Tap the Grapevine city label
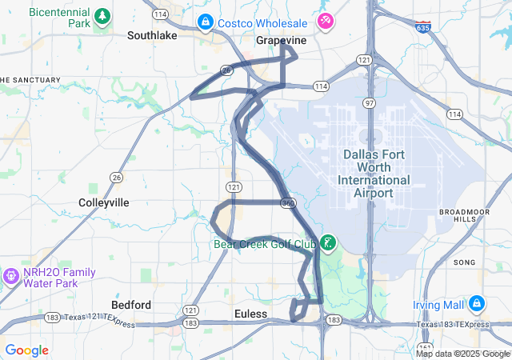coord(282,39)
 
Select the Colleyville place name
coord(104,202)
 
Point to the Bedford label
coord(131,305)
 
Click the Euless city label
coord(251,314)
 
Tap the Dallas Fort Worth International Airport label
coord(374,174)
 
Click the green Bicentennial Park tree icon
coord(102,15)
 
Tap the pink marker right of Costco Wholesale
coord(326,20)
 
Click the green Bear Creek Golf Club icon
coord(328,242)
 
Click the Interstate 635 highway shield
coord(422,28)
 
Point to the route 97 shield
coord(369,103)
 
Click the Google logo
coord(26,350)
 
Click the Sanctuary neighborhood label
coord(30,80)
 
